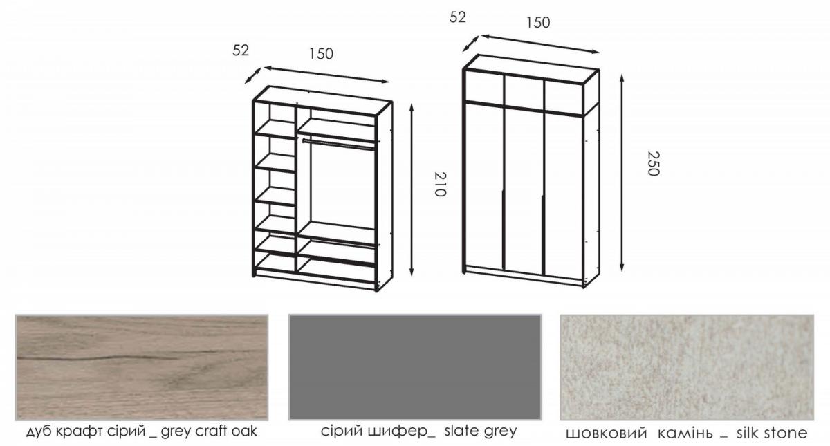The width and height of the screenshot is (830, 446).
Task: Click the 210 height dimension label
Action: pyautogui.click(x=440, y=184)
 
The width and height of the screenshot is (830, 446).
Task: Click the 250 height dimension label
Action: pyautogui.click(x=653, y=163)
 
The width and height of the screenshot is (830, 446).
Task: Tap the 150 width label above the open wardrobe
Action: pyautogui.click(x=321, y=54)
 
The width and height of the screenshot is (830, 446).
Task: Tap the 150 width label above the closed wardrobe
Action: pyautogui.click(x=538, y=23)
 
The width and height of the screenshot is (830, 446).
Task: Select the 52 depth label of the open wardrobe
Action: pyautogui.click(x=241, y=50)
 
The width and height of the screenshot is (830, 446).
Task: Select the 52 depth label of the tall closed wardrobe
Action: pyautogui.click(x=458, y=17)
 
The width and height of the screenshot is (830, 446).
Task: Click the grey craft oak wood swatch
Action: pyautogui.click(x=142, y=367)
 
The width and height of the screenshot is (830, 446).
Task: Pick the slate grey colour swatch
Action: pyautogui.click(x=415, y=367)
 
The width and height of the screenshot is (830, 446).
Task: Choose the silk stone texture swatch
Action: pyautogui.click(x=687, y=367)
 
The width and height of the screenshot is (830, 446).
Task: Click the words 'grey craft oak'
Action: pyautogui.click(x=209, y=431)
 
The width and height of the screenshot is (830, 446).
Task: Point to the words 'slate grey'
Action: pyautogui.click(x=481, y=431)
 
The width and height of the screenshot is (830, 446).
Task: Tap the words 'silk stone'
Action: pyautogui.click(x=772, y=433)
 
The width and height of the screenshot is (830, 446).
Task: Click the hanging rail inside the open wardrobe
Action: pyautogui.click(x=339, y=145)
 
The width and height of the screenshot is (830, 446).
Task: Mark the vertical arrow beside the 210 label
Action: pyautogui.click(x=412, y=190)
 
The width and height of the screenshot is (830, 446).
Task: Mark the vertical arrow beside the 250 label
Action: pyautogui.click(x=622, y=173)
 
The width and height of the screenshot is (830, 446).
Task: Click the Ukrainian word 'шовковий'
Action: pyautogui.click(x=607, y=433)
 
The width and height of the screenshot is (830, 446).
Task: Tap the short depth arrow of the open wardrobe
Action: pyautogui.click(x=253, y=75)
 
